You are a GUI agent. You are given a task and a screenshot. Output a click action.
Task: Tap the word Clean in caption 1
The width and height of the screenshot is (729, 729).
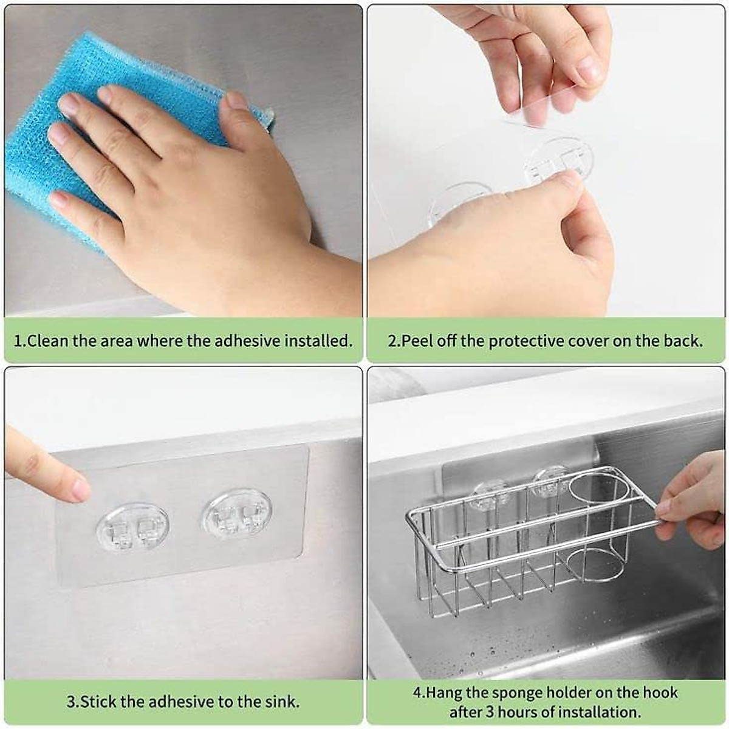47,341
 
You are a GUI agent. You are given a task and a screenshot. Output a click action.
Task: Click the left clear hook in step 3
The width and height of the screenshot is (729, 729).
132,526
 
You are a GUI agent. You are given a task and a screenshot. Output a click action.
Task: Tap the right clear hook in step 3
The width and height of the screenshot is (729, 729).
237,514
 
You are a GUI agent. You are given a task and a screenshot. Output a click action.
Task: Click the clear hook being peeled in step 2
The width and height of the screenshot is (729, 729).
559,159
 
